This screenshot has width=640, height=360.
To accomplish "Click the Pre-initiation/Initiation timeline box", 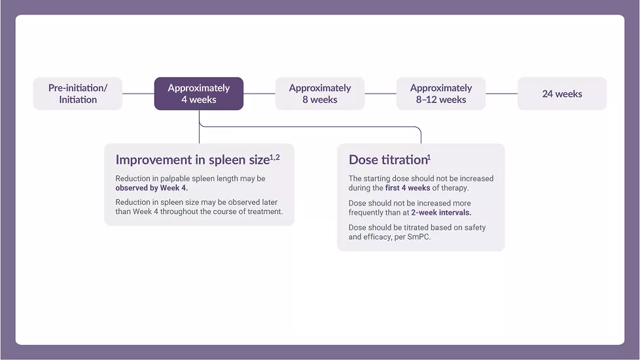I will pyautogui.click(x=77, y=94).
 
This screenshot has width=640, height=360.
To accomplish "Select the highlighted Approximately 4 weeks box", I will pyautogui.click(x=198, y=94).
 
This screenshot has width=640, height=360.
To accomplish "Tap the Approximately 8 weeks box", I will pyautogui.click(x=319, y=94).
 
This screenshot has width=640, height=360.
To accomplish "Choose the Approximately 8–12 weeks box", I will pyautogui.click(x=441, y=94).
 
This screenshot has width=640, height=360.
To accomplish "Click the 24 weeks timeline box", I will pyautogui.click(x=561, y=94).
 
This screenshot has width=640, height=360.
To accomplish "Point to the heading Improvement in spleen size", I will pyautogui.click(x=192, y=160).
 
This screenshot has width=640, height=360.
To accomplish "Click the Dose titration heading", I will pyautogui.click(x=387, y=160).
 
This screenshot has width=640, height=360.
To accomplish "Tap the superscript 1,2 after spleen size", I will pyautogui.click(x=275, y=157).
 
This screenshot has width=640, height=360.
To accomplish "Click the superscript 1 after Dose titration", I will pyautogui.click(x=429, y=157).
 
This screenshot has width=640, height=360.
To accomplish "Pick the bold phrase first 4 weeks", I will pyautogui.click(x=408, y=188).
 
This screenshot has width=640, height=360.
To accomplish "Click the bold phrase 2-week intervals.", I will pyautogui.click(x=441, y=213).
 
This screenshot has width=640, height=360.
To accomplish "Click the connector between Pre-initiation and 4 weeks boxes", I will pyautogui.click(x=138, y=94).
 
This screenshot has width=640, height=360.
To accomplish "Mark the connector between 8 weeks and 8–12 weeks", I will pyautogui.click(x=380, y=94).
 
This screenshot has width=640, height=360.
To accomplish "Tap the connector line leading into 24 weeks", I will pyautogui.click(x=501, y=94).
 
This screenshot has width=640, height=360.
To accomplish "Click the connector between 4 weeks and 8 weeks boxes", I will pyautogui.click(x=259, y=94).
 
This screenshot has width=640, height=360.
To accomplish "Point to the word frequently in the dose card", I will pyautogui.click(x=370, y=213).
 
